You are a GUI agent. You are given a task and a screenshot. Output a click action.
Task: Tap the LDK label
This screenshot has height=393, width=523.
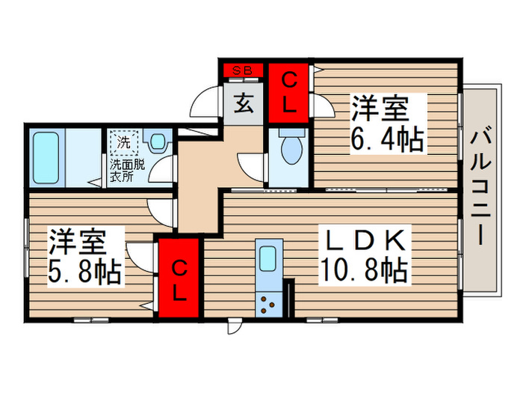point(366,241)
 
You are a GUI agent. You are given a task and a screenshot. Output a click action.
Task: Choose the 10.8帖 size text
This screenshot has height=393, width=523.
point(366,269)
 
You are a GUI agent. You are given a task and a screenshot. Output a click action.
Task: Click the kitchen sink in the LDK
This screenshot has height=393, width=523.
point(267,258)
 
